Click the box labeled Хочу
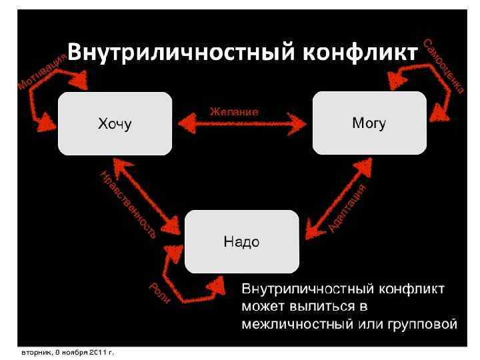pyautogui.click(x=115, y=123)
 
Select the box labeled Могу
pyautogui.click(x=369, y=123)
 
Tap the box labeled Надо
pyautogui.click(x=241, y=241)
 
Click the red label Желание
pyautogui.click(x=234, y=111)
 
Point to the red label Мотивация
pyautogui.click(x=41, y=73)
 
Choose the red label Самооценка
pyautogui.click(x=443, y=66)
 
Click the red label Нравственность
pyautogui.click(x=127, y=204)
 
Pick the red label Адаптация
pyautogui.click(x=347, y=208)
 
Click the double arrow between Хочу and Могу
pyautogui.click(x=241, y=123)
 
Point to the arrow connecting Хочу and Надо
pyautogui.click(x=148, y=190)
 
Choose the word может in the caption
pyautogui.click(x=263, y=307)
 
